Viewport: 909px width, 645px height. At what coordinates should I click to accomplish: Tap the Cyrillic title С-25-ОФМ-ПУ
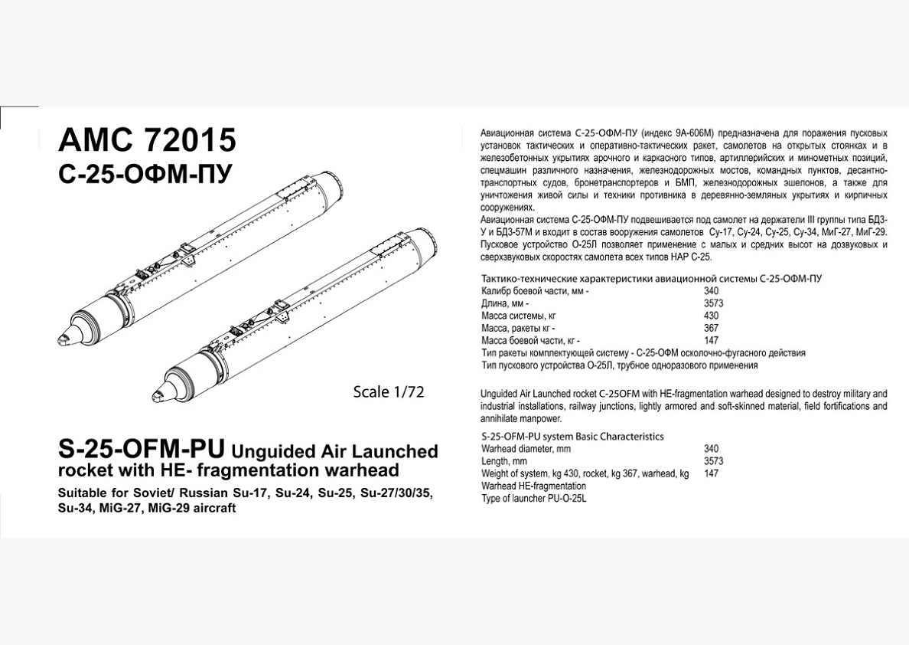click(144, 175)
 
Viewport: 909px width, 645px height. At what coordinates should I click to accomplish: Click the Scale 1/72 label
click(388, 391)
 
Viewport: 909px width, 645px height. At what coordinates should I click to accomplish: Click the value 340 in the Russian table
click(712, 291)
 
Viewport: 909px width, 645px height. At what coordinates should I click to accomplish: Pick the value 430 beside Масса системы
click(712, 316)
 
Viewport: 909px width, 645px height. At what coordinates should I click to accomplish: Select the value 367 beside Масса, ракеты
click(712, 328)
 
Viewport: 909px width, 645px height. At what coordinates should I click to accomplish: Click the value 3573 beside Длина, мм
click(714, 303)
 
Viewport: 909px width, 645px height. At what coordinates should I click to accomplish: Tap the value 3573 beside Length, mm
click(714, 461)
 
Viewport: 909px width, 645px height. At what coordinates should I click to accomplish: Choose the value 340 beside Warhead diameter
click(712, 449)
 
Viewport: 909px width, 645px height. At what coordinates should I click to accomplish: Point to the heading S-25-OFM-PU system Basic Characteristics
click(572, 436)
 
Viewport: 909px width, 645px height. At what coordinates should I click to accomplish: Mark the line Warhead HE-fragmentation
click(533, 486)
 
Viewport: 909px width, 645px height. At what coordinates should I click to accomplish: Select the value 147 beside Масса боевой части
click(712, 340)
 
